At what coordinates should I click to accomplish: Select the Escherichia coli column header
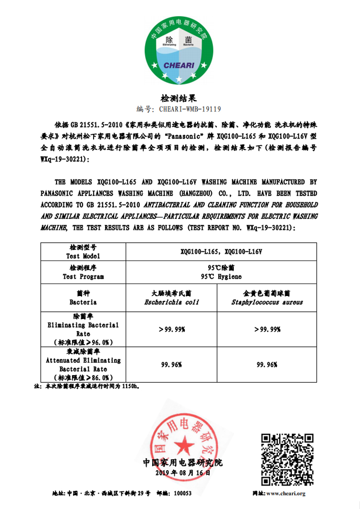click(171, 297)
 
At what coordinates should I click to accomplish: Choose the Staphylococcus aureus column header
click(267, 297)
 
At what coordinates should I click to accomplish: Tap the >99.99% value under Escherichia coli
click(171, 329)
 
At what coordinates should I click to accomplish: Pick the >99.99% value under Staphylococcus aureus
click(267, 329)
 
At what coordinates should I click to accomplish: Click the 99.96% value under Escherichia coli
click(171, 365)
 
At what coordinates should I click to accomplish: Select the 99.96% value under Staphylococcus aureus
click(267, 365)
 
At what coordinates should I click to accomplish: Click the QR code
click(287, 459)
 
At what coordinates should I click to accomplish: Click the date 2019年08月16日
click(183, 473)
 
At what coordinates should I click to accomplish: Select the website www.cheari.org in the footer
click(285, 493)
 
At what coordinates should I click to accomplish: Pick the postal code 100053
click(182, 493)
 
